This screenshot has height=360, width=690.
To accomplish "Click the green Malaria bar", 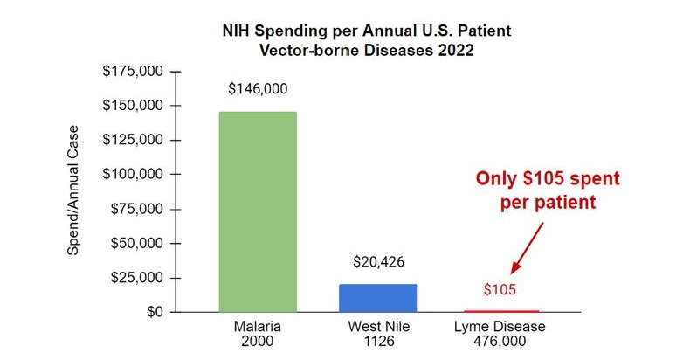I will (258, 211).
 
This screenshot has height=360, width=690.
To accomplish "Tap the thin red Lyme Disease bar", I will (500, 310).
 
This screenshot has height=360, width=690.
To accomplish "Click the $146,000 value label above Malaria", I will (258, 88).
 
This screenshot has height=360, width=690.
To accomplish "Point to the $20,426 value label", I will (378, 261).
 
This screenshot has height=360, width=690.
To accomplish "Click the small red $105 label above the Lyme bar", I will (500, 290).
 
